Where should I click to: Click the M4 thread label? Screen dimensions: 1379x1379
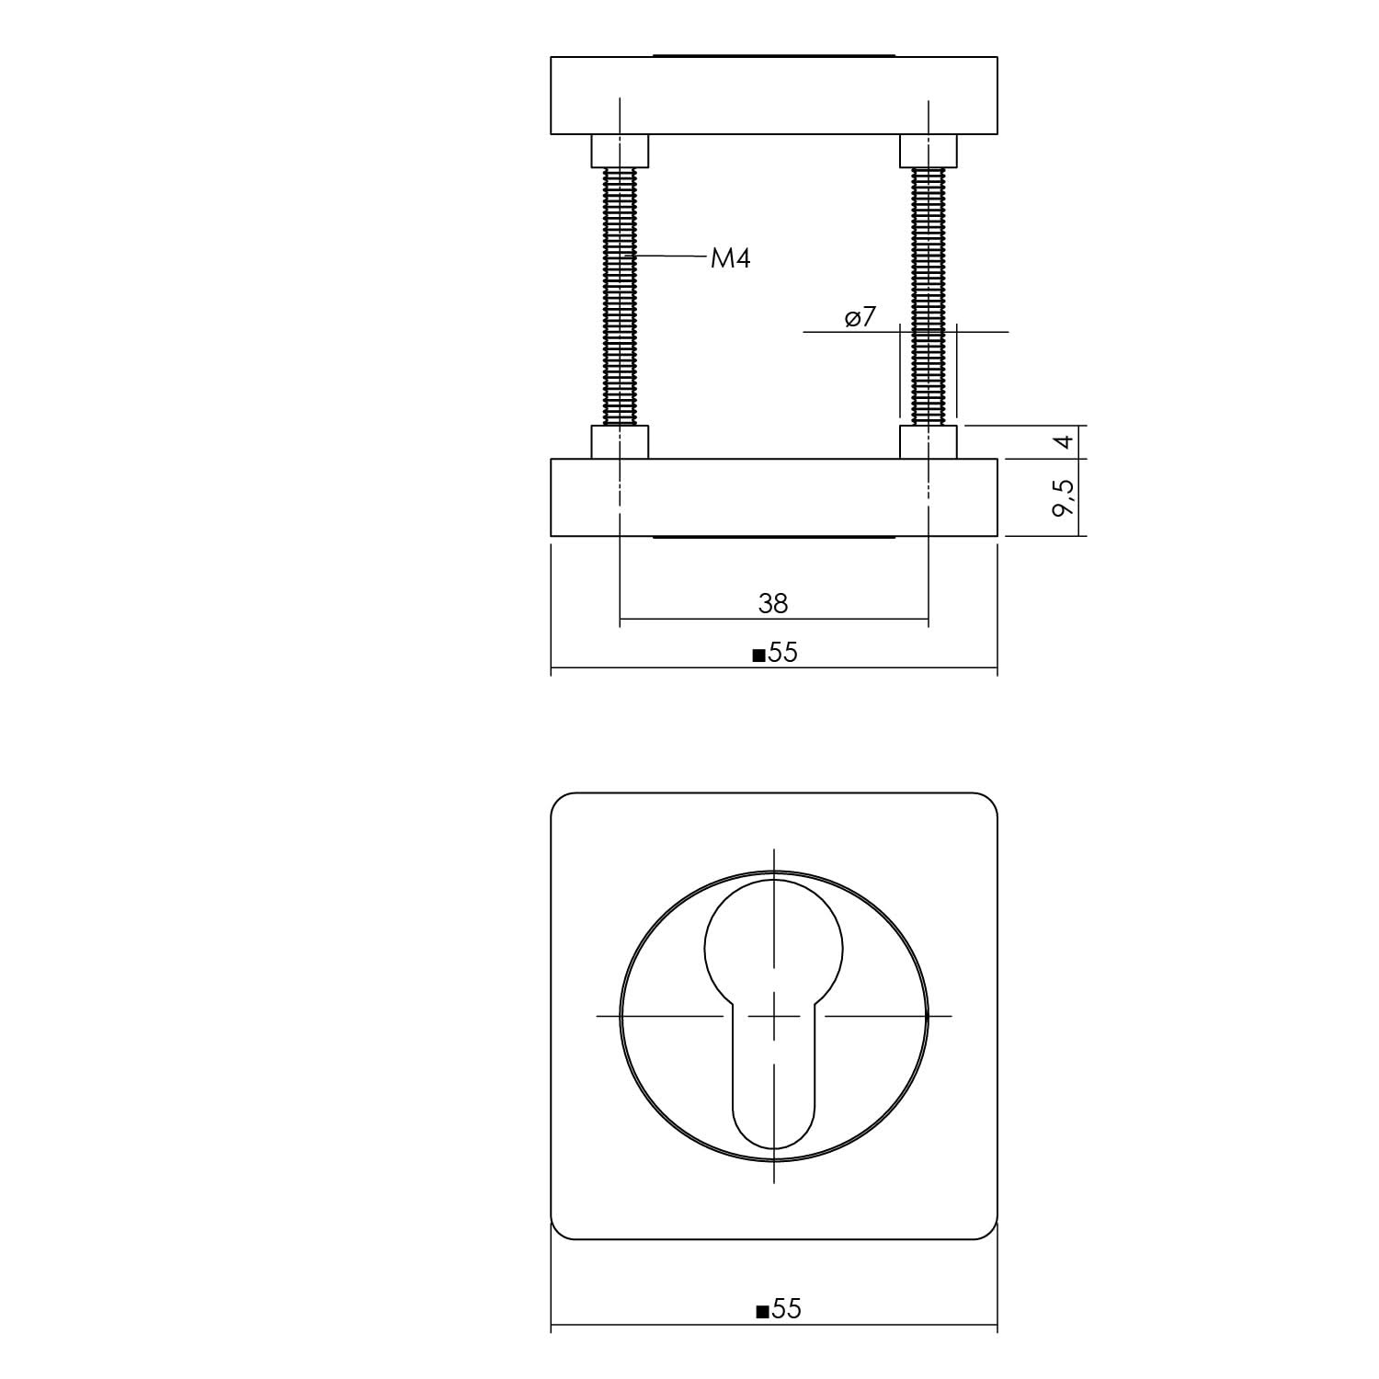(x=731, y=259)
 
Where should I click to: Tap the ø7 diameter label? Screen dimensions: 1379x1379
(x=860, y=318)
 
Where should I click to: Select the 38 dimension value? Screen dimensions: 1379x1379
(x=773, y=603)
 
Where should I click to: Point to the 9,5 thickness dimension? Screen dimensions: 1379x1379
(x=1064, y=497)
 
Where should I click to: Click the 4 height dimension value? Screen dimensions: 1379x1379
(x=1064, y=442)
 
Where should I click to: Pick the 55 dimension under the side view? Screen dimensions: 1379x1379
(x=782, y=653)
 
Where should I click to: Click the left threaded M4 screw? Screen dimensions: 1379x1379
(x=621, y=294)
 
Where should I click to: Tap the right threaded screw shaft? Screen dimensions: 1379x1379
(x=929, y=294)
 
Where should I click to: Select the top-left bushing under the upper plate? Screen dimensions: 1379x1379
(x=620, y=151)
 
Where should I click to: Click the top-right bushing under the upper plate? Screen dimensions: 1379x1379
(x=929, y=151)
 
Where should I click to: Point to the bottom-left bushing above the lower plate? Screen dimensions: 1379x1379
(x=620, y=442)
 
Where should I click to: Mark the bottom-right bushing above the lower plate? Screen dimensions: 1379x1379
(x=929, y=442)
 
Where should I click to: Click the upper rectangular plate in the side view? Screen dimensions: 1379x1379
(x=773, y=96)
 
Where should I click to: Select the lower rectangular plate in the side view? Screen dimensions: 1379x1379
(x=773, y=497)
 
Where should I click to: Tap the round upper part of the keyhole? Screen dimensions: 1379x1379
(x=773, y=948)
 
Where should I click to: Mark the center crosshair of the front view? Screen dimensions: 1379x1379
(x=773, y=1016)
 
